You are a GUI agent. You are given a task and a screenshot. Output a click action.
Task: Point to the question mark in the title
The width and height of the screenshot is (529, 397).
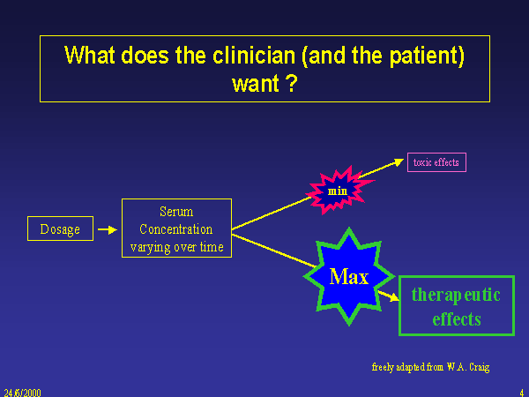coord(291,85)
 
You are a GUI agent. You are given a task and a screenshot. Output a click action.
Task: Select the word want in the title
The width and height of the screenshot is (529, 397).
coord(253,85)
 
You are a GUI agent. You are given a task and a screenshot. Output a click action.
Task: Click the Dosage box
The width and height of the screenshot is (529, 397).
coord(60,229)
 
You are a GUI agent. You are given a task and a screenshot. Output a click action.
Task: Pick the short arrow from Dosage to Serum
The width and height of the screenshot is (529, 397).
coord(106,229)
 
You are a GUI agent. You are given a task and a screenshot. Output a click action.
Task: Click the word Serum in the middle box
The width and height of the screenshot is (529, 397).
coord(176,212)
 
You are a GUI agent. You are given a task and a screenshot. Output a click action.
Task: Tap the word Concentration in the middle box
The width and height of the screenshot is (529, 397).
coord(176,229)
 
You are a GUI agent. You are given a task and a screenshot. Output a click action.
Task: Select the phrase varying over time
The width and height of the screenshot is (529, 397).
coord(176,247)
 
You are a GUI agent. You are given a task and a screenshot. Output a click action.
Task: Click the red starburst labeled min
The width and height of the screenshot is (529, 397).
coord(339,190)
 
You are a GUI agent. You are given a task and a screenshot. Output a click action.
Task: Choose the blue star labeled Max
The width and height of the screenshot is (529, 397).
coord(349,276)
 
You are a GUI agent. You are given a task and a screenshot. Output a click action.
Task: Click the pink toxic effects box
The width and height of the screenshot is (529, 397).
coord(436,162)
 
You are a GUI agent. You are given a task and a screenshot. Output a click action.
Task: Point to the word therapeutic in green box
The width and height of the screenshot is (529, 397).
coord(456,295)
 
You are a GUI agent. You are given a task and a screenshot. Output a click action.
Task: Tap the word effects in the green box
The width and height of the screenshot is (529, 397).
coord(456,318)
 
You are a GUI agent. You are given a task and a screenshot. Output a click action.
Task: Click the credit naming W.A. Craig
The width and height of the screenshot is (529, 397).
coord(430,365)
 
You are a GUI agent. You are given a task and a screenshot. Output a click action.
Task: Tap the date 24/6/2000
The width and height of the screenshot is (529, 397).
coord(22,391)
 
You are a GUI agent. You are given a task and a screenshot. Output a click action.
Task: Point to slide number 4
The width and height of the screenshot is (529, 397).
coord(522,391)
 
